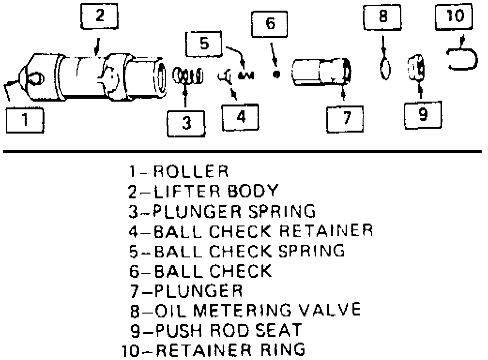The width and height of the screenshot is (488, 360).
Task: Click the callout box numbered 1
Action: (x=25, y=120)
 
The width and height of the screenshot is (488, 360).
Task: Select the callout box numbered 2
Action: (x=100, y=16)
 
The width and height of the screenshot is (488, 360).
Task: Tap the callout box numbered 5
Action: (x=204, y=44)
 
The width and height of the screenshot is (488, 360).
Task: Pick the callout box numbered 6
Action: (x=270, y=24)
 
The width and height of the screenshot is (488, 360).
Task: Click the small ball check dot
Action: (x=276, y=75)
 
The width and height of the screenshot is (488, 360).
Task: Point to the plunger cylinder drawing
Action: (x=321, y=72)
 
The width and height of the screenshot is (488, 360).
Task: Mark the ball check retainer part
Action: (x=225, y=77)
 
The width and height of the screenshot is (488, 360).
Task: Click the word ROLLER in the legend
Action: (x=191, y=171)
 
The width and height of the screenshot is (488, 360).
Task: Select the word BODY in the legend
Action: (x=252, y=191)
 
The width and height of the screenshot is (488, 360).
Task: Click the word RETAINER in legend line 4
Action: (x=325, y=231)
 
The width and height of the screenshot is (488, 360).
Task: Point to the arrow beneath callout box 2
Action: (x=97, y=46)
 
